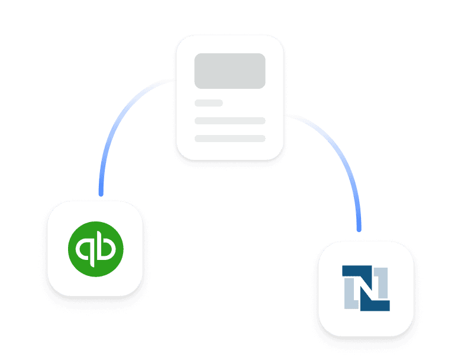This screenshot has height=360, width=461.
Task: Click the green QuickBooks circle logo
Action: click(96, 248)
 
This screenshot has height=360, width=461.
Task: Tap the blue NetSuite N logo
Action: click(366, 288)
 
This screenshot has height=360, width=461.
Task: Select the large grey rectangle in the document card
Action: click(230, 71)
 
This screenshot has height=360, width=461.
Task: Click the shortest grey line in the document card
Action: click(208, 103)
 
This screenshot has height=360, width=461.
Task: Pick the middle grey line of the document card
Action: click(230, 121)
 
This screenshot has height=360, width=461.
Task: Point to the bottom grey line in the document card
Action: click(230, 139)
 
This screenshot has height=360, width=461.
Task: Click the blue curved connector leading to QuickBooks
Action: click(118, 124)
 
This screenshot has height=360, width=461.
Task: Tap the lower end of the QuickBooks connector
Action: click(101, 192)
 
